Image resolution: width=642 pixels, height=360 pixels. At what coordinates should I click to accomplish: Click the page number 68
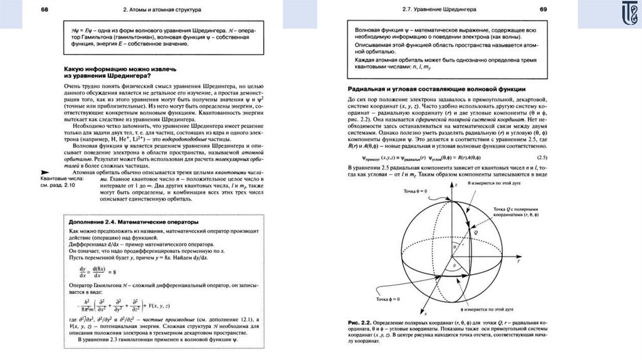pyautogui.click(x=46, y=10)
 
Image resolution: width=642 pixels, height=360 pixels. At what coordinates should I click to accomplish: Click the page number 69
pyautogui.click(x=544, y=9)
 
